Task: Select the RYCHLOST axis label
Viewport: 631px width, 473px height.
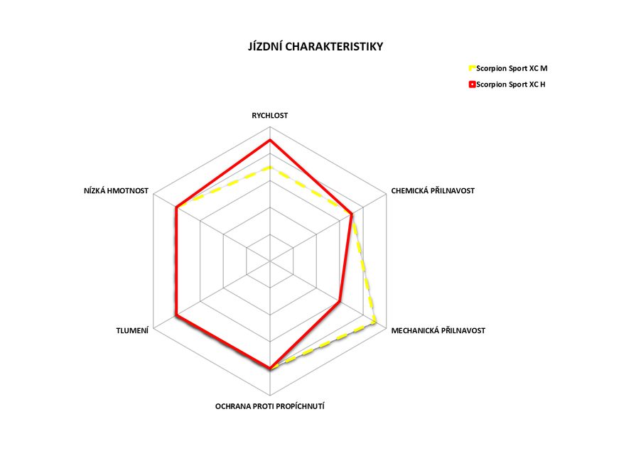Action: (270, 114)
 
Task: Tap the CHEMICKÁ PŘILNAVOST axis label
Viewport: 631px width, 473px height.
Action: (433, 190)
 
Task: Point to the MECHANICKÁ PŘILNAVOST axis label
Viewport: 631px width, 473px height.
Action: (438, 330)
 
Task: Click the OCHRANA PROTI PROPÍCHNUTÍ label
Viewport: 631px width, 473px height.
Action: (270, 406)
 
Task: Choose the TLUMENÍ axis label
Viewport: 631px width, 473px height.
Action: (132, 330)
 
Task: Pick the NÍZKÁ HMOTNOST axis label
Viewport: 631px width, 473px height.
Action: (116, 190)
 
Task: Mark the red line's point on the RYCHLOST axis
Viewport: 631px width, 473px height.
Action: (270, 141)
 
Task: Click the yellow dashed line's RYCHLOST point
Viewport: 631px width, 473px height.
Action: (270, 168)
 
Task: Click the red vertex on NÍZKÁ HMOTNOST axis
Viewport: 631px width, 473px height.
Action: (176, 207)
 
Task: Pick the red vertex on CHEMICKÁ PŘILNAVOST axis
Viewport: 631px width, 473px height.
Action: (351, 214)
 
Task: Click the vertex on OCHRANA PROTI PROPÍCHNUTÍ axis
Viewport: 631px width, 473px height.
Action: (270, 369)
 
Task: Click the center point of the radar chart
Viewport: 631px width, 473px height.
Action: (270, 261)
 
